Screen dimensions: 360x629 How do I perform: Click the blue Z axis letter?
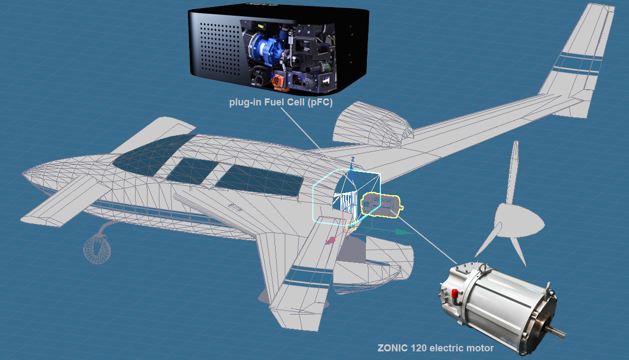pos(352,159)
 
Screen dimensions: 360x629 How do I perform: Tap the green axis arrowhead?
pos(403,231)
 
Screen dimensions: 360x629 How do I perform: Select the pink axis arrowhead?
pos(328,242)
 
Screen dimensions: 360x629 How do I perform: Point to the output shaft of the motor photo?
pos(557,331)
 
